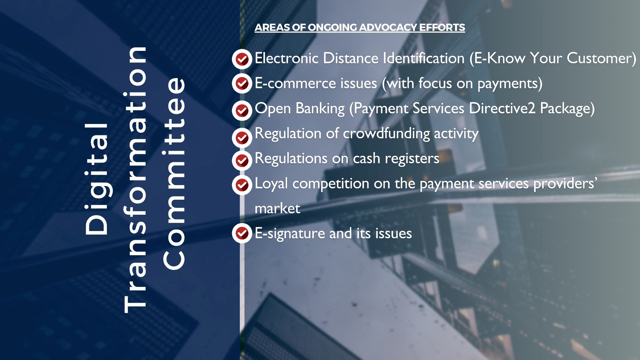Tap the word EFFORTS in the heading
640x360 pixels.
tap(442, 28)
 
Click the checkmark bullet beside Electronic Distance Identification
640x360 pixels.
tap(242, 59)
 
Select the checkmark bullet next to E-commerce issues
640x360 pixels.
tap(242, 84)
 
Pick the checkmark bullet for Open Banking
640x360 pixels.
tap(242, 111)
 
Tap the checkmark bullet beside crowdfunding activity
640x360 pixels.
tap(242, 138)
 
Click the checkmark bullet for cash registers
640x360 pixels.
tap(242, 160)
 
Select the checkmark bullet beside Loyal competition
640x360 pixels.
tap(242, 185)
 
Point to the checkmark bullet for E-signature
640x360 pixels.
tap(242, 233)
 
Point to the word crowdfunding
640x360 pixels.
tap(386, 133)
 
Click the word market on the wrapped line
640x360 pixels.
tap(277, 209)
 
